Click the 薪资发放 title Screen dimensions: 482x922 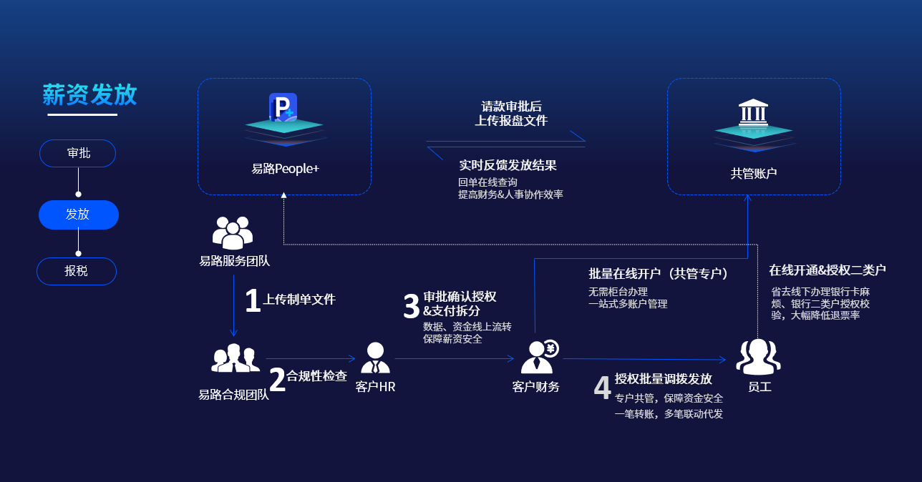click(89, 94)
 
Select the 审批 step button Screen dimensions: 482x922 click(78, 153)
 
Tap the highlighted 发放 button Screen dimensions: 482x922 click(78, 215)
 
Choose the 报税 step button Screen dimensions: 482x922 click(77, 271)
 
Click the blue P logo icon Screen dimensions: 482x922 click(283, 107)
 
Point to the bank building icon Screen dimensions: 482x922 click(752, 112)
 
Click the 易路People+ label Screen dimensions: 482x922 click(285, 169)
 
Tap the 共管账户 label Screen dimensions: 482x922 click(753, 173)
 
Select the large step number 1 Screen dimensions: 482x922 click(253, 301)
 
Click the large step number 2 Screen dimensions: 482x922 click(277, 380)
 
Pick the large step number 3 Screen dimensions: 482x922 click(411, 306)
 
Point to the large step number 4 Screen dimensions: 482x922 click(603, 388)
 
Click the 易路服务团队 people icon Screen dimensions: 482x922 click(233, 233)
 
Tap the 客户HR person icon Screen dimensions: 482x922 click(375, 358)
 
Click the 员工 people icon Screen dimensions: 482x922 click(758, 357)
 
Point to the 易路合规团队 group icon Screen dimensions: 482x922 click(235, 358)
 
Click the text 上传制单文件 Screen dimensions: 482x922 click(299, 300)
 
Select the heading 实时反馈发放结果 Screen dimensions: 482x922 click(508, 165)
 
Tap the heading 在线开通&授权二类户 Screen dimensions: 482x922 click(827, 270)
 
